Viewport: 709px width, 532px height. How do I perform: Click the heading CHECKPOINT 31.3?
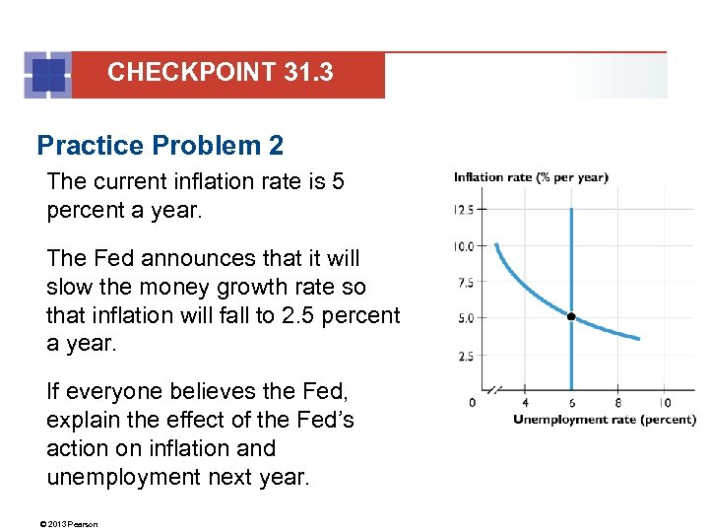tap(220, 72)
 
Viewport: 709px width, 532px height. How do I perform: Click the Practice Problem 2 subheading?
tap(160, 146)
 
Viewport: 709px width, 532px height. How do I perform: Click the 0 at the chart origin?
tap(472, 402)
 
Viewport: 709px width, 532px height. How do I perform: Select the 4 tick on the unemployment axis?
tap(525, 402)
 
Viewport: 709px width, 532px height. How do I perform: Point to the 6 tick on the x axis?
tap(571, 402)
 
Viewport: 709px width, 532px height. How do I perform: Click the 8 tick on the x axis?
tap(618, 402)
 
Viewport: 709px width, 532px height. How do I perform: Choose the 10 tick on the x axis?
tap(665, 402)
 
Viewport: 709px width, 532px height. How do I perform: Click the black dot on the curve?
tap(571, 317)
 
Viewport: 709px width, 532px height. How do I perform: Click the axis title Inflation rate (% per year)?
tap(531, 177)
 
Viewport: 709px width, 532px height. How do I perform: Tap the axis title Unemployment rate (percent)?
tap(604, 420)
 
